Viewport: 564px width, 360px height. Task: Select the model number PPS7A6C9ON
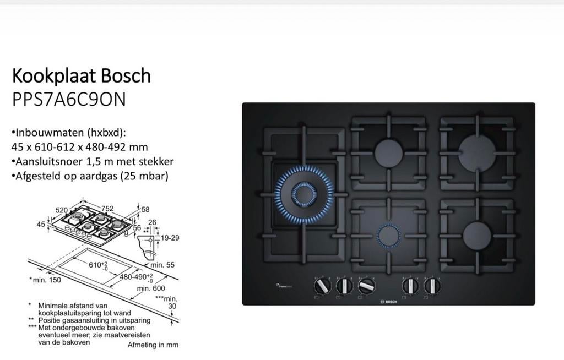tap(69, 99)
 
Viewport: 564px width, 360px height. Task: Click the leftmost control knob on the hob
tap(322, 286)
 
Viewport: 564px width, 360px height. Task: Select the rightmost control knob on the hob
tap(432, 286)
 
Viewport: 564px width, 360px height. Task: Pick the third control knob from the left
tap(366, 286)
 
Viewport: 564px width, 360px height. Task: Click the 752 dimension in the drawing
tap(107, 208)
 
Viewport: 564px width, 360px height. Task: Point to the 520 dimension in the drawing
tap(62, 210)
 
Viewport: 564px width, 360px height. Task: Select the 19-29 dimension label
tap(170, 238)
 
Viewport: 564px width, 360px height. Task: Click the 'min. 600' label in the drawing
tap(151, 288)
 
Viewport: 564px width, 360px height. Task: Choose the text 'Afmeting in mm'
tap(153, 345)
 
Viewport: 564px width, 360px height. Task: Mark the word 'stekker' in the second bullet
tap(155, 162)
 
